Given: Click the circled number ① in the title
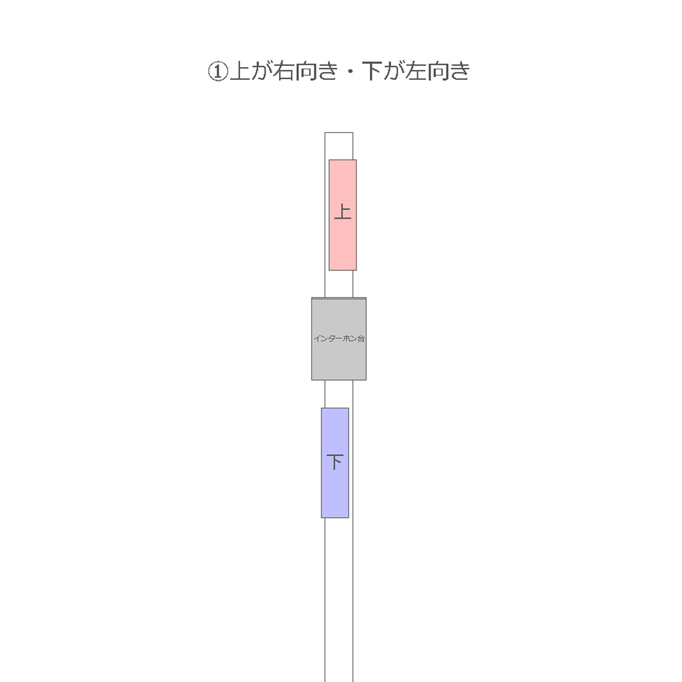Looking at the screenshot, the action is point(217,71).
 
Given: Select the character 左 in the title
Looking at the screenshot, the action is point(416,71).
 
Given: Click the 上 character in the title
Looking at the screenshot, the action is point(240,71).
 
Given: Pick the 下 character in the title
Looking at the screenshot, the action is point(372,71).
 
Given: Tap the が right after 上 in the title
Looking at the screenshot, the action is point(262,71).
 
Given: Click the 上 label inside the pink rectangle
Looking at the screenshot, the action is point(343,212).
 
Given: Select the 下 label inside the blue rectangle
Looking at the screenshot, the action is point(335,462).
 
